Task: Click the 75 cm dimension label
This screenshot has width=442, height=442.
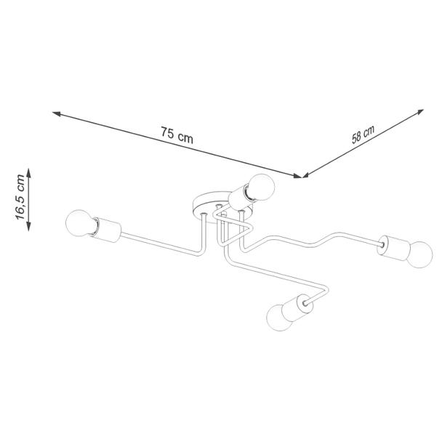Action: (x=177, y=135)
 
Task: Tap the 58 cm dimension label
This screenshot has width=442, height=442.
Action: (x=363, y=134)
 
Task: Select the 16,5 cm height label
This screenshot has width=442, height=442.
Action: (x=20, y=197)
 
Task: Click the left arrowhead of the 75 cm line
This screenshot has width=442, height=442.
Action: (x=56, y=113)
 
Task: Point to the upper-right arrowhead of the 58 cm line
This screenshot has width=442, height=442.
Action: (x=420, y=112)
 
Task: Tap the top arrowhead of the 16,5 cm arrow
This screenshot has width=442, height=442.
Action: (x=28, y=172)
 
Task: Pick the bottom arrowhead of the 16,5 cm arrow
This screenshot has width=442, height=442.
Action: (x=28, y=226)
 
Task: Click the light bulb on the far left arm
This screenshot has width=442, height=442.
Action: (x=80, y=222)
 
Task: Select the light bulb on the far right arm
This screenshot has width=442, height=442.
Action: (x=419, y=254)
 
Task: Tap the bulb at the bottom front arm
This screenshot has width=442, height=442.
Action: (x=278, y=317)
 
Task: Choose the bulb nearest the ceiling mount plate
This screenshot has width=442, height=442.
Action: (x=260, y=188)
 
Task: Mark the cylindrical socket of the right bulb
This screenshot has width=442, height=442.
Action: (x=393, y=249)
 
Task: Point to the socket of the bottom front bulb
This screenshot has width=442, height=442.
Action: (x=297, y=309)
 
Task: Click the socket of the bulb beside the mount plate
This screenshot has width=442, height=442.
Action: (x=239, y=198)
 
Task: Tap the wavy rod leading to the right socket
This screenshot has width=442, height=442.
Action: (x=310, y=241)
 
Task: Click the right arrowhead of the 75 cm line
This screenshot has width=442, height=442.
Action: (x=298, y=176)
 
